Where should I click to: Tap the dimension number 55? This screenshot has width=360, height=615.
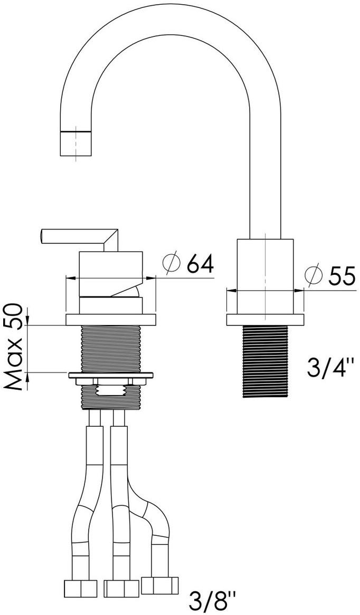pos(342,276)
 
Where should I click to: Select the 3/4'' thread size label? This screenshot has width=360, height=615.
pos(330,368)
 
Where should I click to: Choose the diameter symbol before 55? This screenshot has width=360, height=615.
pos(314,276)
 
